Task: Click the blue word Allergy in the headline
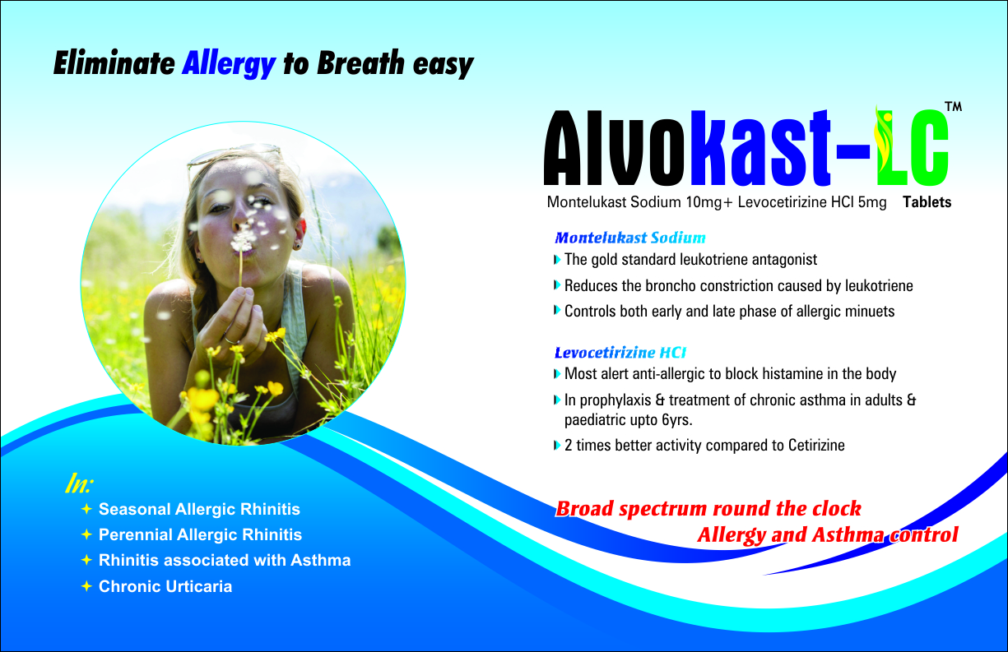tap(229, 64)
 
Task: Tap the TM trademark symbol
tap(953, 107)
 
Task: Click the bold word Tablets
tap(927, 202)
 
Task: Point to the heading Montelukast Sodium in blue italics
tap(630, 238)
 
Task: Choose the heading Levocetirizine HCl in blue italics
tap(620, 353)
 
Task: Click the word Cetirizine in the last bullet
tap(816, 445)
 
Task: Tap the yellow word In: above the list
tap(79, 484)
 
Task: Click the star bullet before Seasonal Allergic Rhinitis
tap(86, 509)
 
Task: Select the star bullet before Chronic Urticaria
tap(86, 586)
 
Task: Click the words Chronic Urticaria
tap(165, 586)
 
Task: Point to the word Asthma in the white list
tap(321, 560)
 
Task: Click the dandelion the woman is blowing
tap(242, 243)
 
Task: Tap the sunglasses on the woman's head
tap(234, 156)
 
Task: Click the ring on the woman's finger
tap(231, 340)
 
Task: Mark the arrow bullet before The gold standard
tap(557, 260)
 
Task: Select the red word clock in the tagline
tap(837, 509)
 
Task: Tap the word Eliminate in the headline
tap(114, 63)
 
